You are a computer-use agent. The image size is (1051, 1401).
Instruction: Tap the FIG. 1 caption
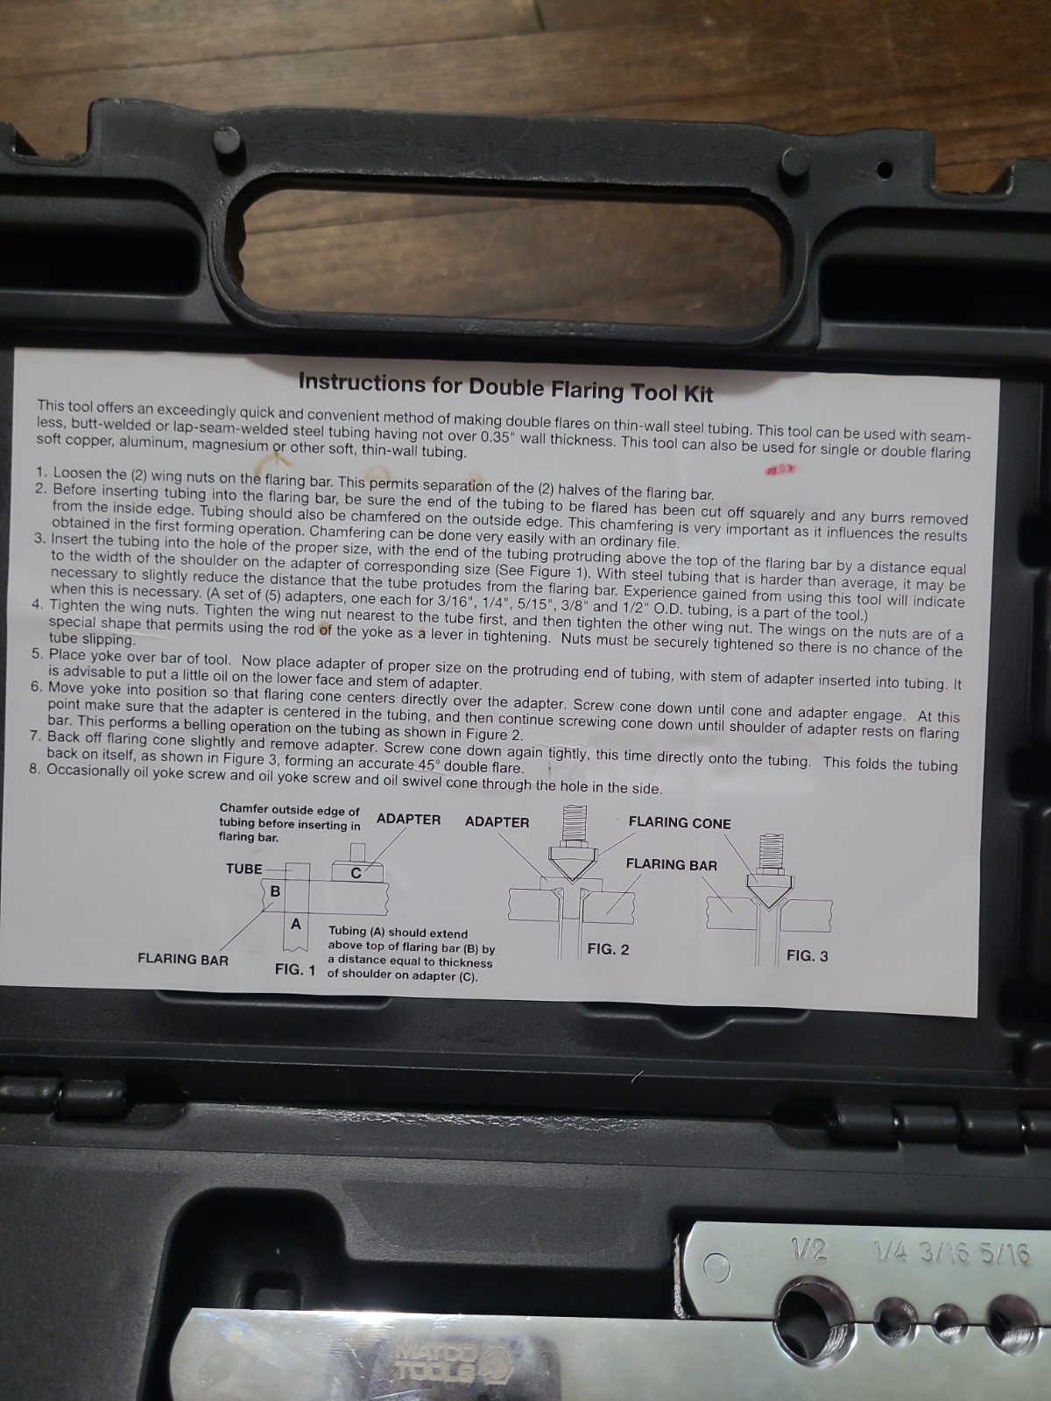click(295, 969)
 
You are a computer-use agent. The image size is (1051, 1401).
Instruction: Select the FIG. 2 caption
click(608, 949)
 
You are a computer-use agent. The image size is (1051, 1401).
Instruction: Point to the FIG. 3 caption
click(808, 955)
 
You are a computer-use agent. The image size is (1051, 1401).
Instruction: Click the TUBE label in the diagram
click(243, 869)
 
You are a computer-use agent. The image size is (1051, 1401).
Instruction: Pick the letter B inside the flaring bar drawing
click(275, 891)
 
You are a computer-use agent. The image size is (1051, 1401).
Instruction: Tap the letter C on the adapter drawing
click(356, 873)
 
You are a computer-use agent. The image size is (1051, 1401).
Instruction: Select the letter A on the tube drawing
click(295, 924)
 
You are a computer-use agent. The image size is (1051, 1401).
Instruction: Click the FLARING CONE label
click(680, 823)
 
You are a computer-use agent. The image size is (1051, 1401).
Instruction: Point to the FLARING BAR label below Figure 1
click(183, 960)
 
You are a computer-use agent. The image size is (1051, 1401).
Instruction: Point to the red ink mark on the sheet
click(781, 470)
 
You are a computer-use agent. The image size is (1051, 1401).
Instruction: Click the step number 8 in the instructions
click(34, 769)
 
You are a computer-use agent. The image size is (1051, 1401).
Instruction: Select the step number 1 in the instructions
click(42, 472)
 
